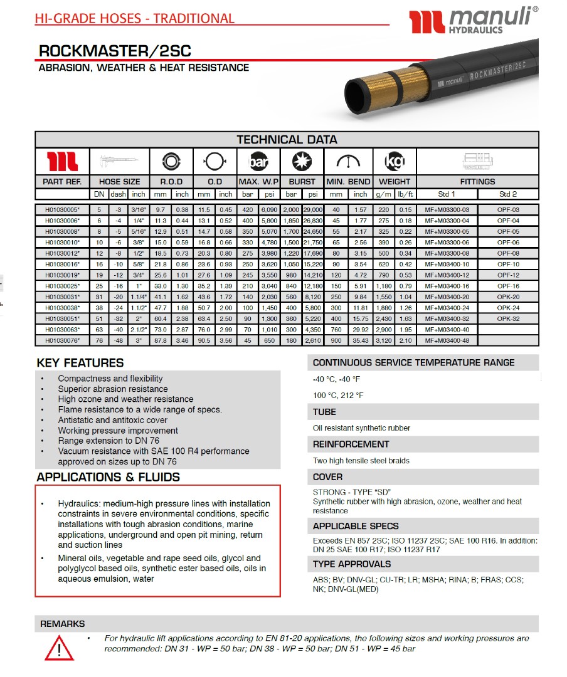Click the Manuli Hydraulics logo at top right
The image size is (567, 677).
click(x=473, y=21)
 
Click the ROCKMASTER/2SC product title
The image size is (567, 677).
click(x=115, y=51)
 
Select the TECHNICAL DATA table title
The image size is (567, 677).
click(x=287, y=140)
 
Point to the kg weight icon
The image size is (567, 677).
click(x=395, y=162)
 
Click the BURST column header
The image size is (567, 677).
click(x=301, y=182)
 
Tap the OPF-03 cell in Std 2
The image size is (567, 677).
click(x=509, y=209)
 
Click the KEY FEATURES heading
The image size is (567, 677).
click(x=80, y=363)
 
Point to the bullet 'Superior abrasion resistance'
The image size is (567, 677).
click(x=113, y=389)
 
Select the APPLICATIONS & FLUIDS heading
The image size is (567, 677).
click(x=108, y=477)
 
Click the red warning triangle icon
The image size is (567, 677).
click(x=59, y=646)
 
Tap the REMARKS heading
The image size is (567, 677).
click(x=62, y=624)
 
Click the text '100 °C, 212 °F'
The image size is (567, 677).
click(x=337, y=396)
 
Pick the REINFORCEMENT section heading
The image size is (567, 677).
click(x=351, y=444)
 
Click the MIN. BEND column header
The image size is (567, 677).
click(x=348, y=182)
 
